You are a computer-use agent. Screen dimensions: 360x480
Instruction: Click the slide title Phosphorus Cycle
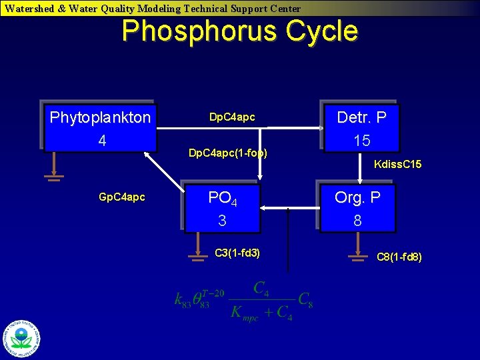pyautogui.click(x=239, y=31)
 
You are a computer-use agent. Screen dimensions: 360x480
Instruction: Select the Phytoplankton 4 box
pyautogui.click(x=101, y=129)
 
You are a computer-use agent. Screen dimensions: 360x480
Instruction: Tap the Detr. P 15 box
pyautogui.click(x=361, y=129)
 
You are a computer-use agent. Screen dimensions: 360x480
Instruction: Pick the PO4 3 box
pyautogui.click(x=223, y=209)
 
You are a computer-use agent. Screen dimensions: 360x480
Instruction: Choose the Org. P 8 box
pyautogui.click(x=358, y=209)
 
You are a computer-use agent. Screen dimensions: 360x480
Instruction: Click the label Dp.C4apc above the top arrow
pyautogui.click(x=232, y=117)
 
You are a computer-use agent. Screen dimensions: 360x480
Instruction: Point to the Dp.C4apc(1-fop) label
pyautogui.click(x=227, y=153)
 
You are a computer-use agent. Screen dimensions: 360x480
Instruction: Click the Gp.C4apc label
pyautogui.click(x=121, y=198)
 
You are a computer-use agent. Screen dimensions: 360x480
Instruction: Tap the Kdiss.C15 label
pyautogui.click(x=397, y=164)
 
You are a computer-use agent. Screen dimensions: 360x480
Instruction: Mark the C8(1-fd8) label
pyautogui.click(x=399, y=257)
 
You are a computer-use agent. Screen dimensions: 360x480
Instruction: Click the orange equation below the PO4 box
pyautogui.click(x=244, y=301)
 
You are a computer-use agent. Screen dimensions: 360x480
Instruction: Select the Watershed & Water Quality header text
pyautogui.click(x=153, y=9)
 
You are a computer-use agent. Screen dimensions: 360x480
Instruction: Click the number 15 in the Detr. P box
pyautogui.click(x=362, y=141)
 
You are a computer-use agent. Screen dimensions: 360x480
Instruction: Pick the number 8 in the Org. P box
pyautogui.click(x=357, y=221)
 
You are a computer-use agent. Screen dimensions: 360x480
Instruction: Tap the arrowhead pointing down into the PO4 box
pyautogui.click(x=261, y=177)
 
